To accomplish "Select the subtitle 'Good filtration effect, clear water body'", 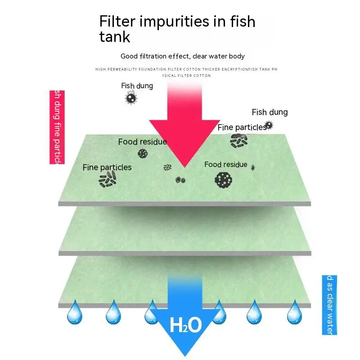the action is pyautogui.click(x=183, y=56).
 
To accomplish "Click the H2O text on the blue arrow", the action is pyautogui.click(x=185, y=325).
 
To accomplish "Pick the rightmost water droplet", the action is pyautogui.click(x=294, y=312).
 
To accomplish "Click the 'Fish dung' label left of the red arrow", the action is pyautogui.click(x=137, y=85).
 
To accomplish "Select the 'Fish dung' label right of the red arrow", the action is pyautogui.click(x=270, y=112).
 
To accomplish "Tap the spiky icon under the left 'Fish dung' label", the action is pyautogui.click(x=131, y=98).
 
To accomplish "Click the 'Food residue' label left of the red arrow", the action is pyautogui.click(x=142, y=142).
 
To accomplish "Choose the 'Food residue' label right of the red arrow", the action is pyautogui.click(x=225, y=164).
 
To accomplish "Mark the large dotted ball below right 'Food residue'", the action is pyautogui.click(x=223, y=180).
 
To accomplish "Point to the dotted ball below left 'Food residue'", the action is pyautogui.click(x=143, y=153).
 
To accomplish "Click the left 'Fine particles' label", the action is pyautogui.click(x=107, y=167).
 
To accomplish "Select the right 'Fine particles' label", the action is pyautogui.click(x=242, y=127).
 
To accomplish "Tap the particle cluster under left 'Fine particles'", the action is pyautogui.click(x=108, y=180).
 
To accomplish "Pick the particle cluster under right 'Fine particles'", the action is pyautogui.click(x=238, y=140).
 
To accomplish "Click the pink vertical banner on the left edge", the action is pyautogui.click(x=57, y=127).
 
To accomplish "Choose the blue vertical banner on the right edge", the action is pyautogui.click(x=329, y=305).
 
